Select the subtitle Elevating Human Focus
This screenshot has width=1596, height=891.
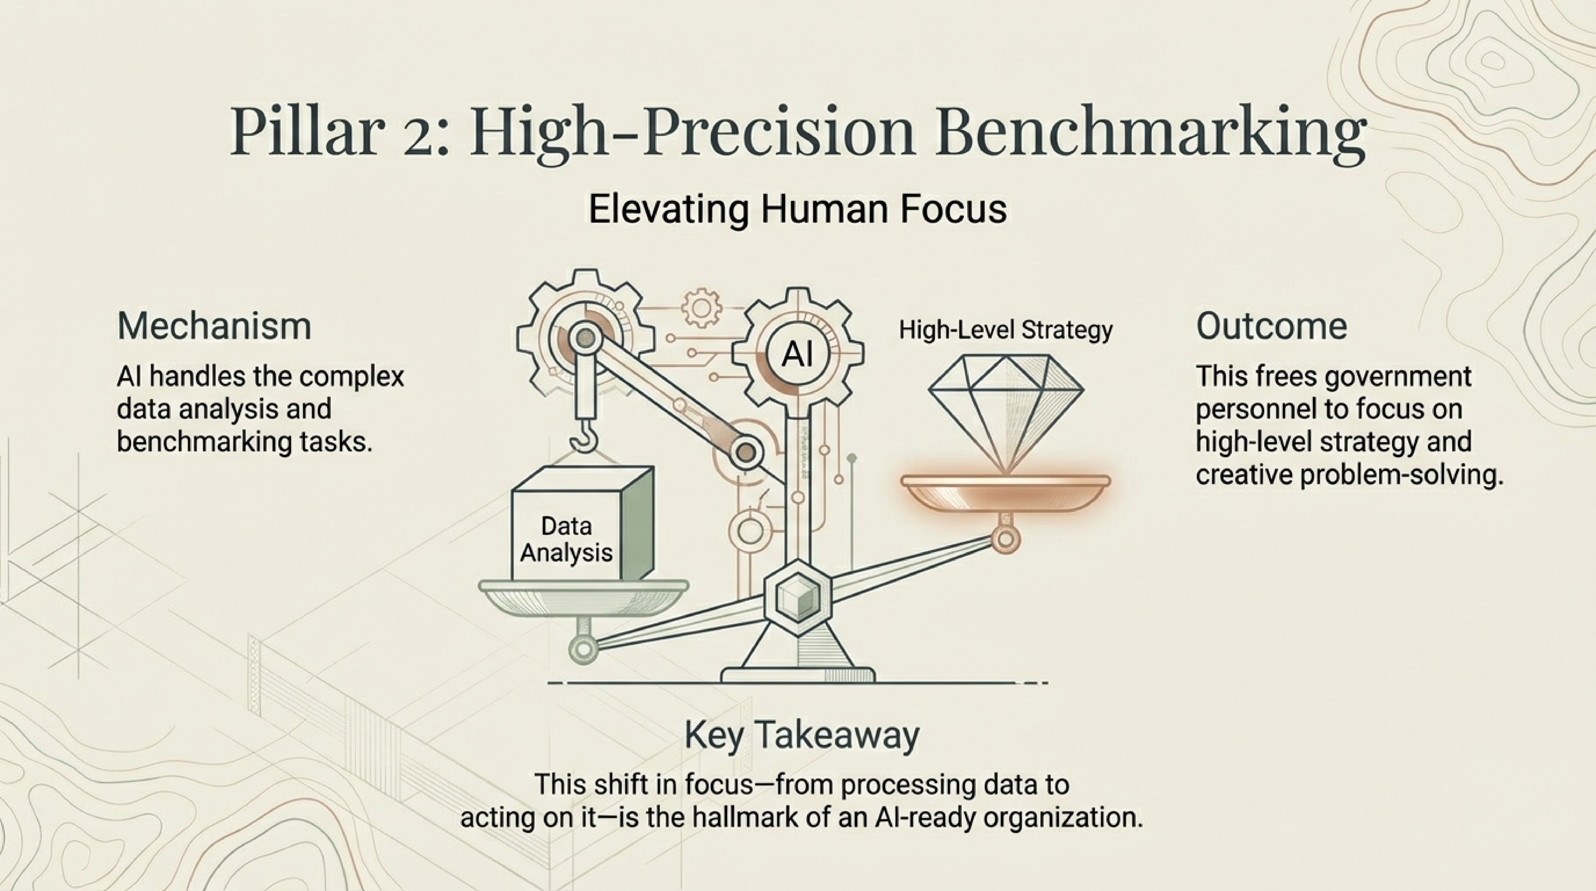point(797,209)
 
